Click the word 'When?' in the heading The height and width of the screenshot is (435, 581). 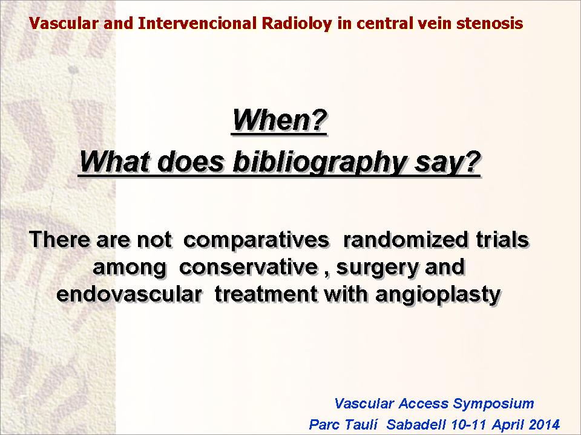coord(280,121)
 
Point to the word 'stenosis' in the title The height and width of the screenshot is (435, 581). coord(490,24)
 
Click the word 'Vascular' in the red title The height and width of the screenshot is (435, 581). coord(64,24)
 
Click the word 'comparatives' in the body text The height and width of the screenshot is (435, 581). coord(256,240)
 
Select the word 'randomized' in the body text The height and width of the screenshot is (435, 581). coord(405,239)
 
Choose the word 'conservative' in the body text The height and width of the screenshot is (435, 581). coord(248,266)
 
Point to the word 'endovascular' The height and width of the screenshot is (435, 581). coord(129,294)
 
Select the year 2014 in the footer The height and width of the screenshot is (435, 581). coord(544,424)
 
